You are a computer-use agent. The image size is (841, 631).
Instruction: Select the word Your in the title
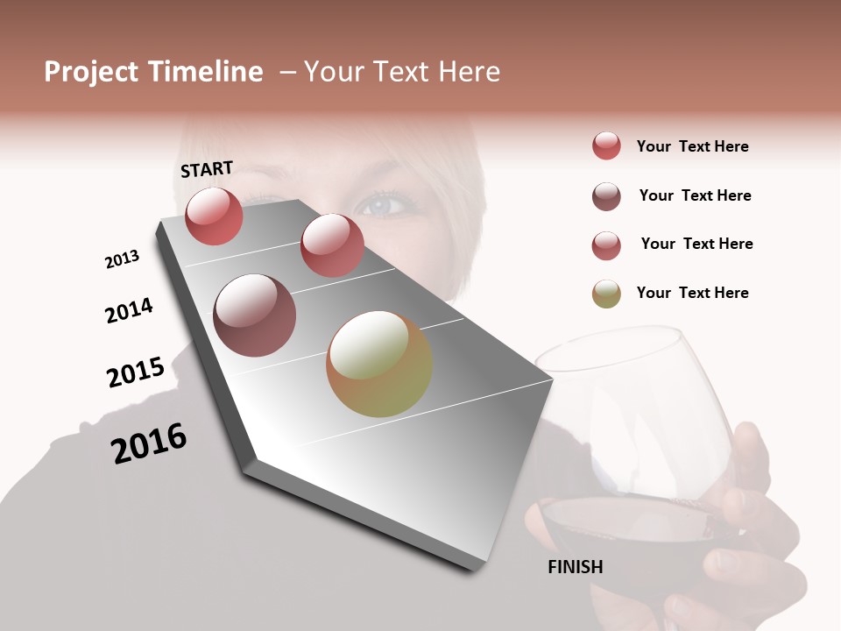pos(336,72)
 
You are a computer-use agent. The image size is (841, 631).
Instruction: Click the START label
pos(207,169)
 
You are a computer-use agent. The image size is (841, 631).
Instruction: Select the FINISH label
pos(576,567)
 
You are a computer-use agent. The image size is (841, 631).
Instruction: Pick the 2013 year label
pos(122,259)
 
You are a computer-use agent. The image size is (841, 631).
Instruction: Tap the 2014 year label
pos(129,310)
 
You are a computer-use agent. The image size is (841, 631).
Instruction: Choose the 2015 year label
pos(136,372)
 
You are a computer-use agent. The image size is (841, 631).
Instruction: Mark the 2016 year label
pos(149,443)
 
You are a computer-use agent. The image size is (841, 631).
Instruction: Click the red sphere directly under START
pos(214,216)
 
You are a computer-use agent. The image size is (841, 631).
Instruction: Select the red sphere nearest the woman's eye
pos(332,245)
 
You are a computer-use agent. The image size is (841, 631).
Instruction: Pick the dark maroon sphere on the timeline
pos(255,315)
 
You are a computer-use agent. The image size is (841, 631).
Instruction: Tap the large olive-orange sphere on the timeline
pos(379,364)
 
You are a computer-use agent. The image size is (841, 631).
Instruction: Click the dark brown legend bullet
pos(606,196)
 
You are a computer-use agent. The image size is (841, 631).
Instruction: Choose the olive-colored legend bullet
pos(606,294)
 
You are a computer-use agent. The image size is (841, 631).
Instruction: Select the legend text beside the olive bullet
pos(692,293)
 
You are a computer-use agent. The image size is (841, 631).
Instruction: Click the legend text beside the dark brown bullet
pos(695,195)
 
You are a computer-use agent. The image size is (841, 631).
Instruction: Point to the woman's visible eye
pos(383,206)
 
